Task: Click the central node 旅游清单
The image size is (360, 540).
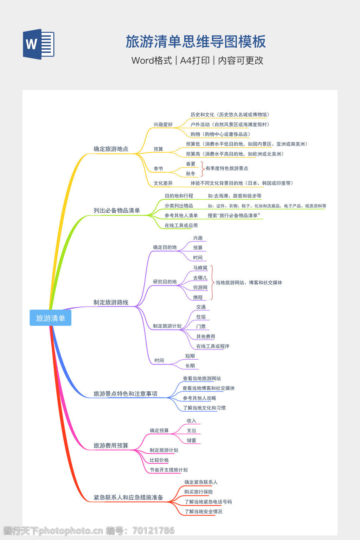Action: [51, 318]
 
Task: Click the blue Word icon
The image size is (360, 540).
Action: [39, 44]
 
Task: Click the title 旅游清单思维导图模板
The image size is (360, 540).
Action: [196, 42]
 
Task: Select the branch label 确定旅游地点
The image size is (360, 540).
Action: [111, 149]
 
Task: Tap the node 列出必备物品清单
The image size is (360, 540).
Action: [117, 211]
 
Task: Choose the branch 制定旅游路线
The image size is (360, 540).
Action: [111, 302]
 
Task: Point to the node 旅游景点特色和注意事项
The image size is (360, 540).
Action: [126, 394]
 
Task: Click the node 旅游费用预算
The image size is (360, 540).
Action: [111, 446]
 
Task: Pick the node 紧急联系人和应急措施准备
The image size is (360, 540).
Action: [128, 497]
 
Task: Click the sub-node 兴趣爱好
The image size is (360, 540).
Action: [163, 124]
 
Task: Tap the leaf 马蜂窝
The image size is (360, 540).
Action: [200, 268]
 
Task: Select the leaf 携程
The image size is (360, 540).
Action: [198, 297]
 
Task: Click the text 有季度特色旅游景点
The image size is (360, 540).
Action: [227, 168]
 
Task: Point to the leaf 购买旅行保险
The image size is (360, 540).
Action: [199, 492]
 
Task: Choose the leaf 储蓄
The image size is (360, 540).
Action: [192, 441]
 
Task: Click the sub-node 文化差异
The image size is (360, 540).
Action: [163, 183]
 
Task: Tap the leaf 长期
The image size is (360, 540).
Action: [190, 366]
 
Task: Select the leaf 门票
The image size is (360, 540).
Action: [201, 327]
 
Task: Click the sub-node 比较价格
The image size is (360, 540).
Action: [159, 460]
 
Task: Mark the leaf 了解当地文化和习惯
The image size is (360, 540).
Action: [204, 408]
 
